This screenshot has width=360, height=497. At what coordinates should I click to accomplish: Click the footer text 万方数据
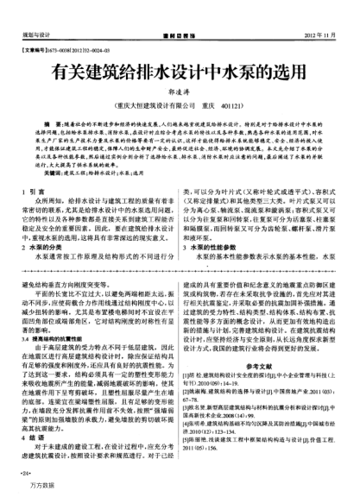(x=34, y=488)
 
